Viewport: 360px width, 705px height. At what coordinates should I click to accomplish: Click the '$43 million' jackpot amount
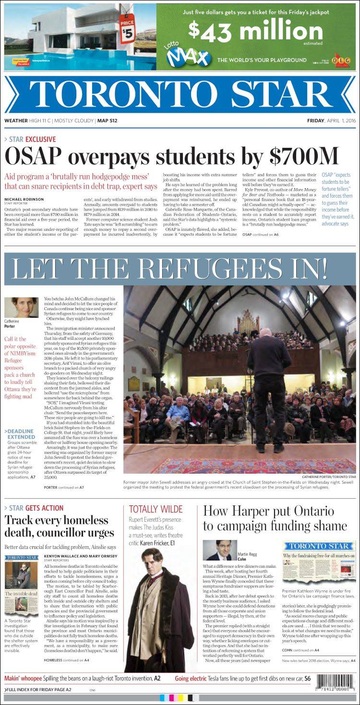(255, 32)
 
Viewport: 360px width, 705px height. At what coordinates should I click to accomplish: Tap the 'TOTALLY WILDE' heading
(156, 509)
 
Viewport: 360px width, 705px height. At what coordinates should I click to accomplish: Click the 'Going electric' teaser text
(193, 678)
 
